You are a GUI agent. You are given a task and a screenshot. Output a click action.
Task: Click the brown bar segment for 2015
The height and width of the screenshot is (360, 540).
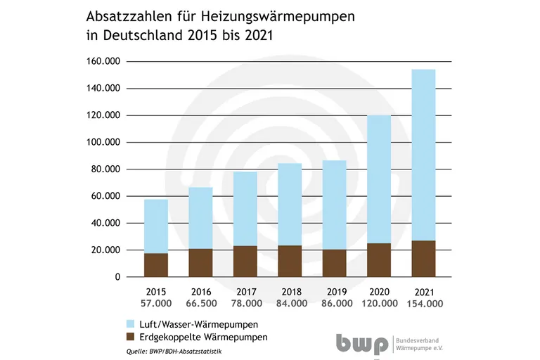click(x=156, y=265)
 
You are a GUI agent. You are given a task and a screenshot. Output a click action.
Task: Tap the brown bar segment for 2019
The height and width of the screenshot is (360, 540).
click(x=335, y=263)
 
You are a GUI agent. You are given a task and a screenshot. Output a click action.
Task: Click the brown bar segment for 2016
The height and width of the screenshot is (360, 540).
click(x=200, y=262)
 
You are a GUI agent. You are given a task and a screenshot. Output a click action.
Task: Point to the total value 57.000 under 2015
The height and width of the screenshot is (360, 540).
click(x=156, y=303)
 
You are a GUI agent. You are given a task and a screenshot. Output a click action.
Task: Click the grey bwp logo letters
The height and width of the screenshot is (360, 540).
click(x=361, y=342)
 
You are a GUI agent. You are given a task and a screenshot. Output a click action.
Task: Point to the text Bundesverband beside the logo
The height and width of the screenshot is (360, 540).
click(x=421, y=338)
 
